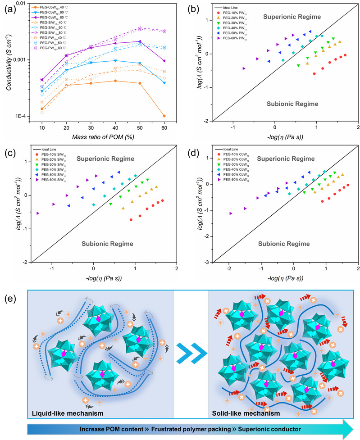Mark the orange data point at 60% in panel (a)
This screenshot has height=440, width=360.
tap(164, 116)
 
